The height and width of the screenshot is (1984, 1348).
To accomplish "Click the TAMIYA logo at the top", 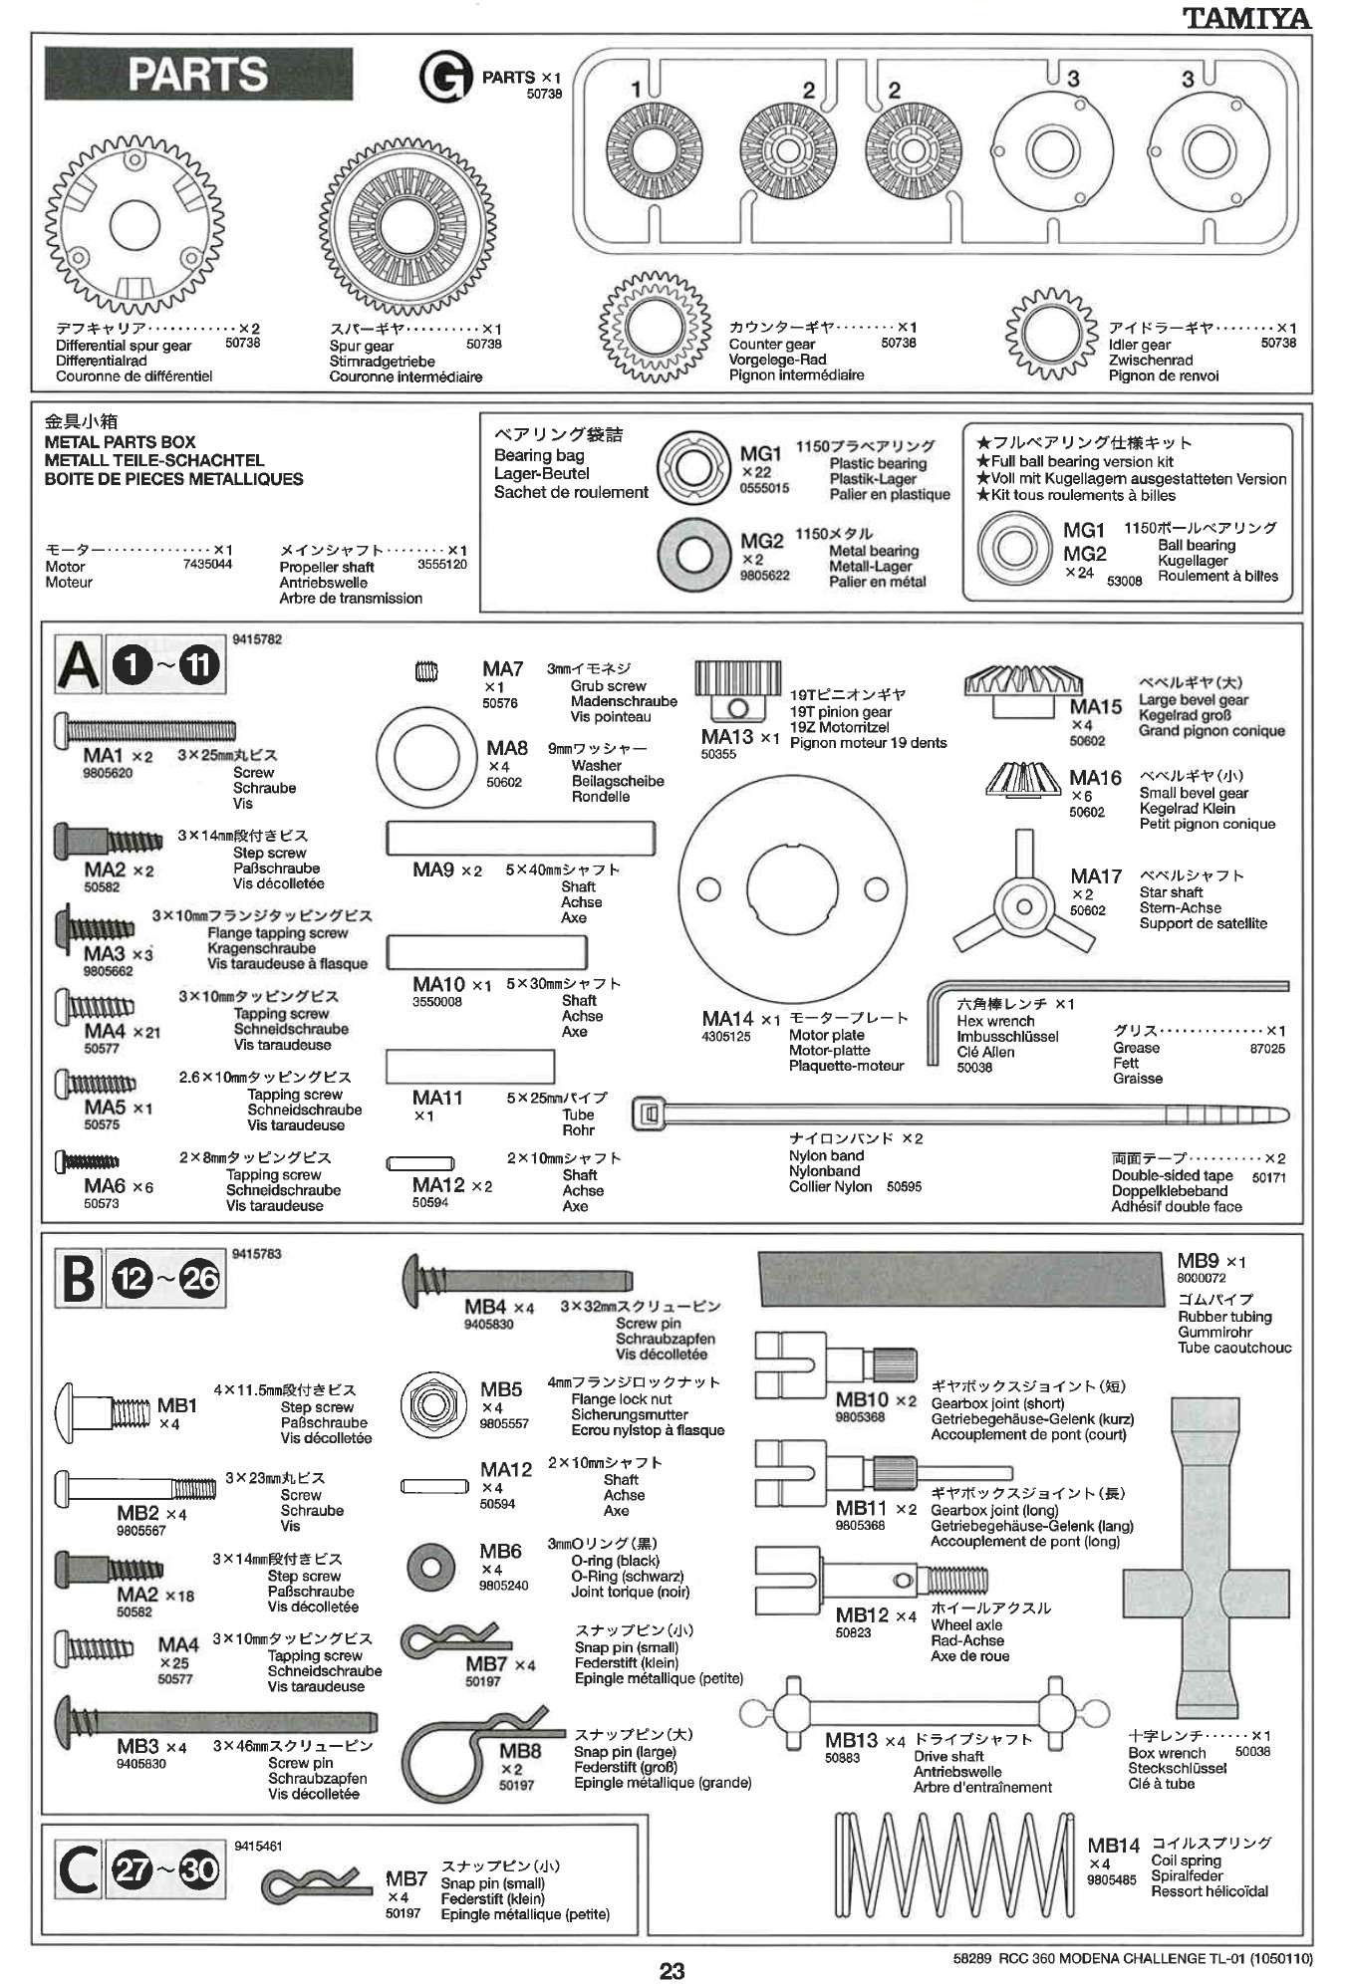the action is (x=1246, y=18).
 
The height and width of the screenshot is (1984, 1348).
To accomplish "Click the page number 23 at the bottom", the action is (x=673, y=1970).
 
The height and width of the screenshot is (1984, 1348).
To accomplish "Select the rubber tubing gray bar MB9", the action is (x=960, y=1279).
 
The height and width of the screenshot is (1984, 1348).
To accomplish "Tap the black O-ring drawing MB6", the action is (x=431, y=1567).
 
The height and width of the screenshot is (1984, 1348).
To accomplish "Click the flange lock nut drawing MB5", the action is (x=433, y=1403).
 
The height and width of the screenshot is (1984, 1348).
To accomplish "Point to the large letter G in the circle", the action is (x=444, y=78).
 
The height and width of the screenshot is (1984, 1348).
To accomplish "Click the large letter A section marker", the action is (x=78, y=665).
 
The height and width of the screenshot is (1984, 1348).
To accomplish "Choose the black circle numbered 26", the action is (x=199, y=1278).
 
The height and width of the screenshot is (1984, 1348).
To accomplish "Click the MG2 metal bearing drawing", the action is (x=694, y=554).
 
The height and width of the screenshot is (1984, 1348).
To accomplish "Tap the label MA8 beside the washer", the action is (x=507, y=748).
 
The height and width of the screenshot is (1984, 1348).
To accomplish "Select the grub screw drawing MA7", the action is (x=425, y=672).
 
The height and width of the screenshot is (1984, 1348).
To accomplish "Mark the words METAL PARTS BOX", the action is (x=120, y=441).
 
